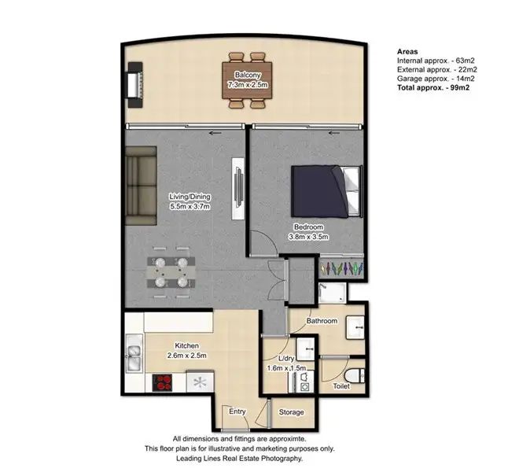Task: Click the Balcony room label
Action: click(x=243, y=76)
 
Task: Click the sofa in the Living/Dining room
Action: click(x=142, y=182)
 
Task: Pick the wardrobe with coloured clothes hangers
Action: click(x=341, y=267)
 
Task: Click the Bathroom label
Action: click(x=322, y=321)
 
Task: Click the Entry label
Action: click(x=237, y=411)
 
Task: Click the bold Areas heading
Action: click(x=407, y=50)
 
